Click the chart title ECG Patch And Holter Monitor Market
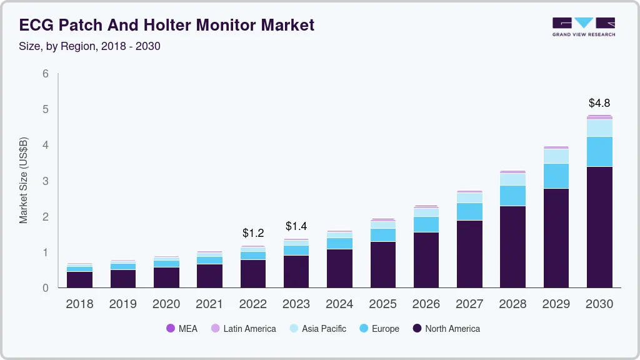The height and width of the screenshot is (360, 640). point(166,25)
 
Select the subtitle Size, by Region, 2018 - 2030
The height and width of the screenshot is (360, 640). point(89,46)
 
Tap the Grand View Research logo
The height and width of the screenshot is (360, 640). point(583,26)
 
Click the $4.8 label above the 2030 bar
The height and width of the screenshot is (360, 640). point(599,103)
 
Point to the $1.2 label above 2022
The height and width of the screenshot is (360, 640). point(253,233)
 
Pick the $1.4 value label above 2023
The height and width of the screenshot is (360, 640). point(296,226)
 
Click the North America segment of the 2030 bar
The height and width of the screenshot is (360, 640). point(599,227)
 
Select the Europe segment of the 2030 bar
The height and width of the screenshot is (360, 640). point(599,151)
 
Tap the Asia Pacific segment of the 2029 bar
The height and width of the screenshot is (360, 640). point(556,156)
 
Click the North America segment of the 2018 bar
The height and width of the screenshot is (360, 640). point(79,279)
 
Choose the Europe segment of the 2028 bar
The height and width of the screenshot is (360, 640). point(513,196)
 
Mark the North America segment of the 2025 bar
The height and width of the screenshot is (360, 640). point(382,264)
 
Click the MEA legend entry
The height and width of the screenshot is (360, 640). point(181,328)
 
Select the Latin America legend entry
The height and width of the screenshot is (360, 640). point(243,328)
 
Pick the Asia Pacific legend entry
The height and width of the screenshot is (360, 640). point(317,328)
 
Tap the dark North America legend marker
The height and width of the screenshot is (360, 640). point(417,328)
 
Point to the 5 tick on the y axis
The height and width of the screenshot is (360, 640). point(46,109)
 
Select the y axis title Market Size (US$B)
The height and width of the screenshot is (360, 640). point(24,181)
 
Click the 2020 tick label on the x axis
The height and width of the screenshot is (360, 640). point(166,304)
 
